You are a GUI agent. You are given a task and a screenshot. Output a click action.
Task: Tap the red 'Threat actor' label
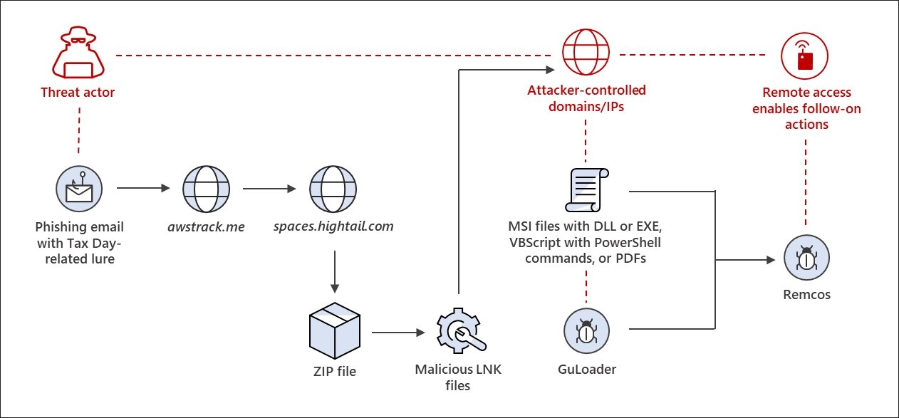click(x=78, y=93)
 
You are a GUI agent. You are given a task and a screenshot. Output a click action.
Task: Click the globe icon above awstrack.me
click(x=206, y=189)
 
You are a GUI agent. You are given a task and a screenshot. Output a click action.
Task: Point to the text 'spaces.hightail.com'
click(x=333, y=227)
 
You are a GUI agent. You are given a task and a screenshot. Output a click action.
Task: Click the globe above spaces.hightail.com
click(x=332, y=189)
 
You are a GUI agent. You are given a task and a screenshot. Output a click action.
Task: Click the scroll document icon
click(x=586, y=189)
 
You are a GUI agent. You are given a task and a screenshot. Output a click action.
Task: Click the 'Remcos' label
click(x=806, y=294)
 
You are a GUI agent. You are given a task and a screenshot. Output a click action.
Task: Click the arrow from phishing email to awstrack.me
click(x=142, y=189)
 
